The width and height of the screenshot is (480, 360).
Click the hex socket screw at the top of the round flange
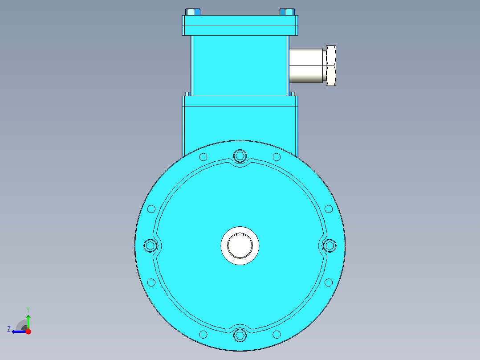click(x=240, y=156)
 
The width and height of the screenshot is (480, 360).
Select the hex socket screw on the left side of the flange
click(x=151, y=246)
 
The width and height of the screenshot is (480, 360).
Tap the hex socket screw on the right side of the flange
click(x=329, y=246)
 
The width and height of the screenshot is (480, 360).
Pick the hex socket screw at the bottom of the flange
click(x=240, y=335)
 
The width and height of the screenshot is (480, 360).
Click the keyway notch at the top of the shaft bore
click(x=240, y=235)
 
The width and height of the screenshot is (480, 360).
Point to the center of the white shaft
click(x=240, y=246)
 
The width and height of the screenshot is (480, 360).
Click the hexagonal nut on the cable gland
click(x=331, y=65)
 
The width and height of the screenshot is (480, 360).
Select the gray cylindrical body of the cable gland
click(x=306, y=65)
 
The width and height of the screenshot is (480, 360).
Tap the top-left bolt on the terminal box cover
click(x=193, y=12)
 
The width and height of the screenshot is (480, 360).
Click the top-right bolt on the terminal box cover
click(x=287, y=12)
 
